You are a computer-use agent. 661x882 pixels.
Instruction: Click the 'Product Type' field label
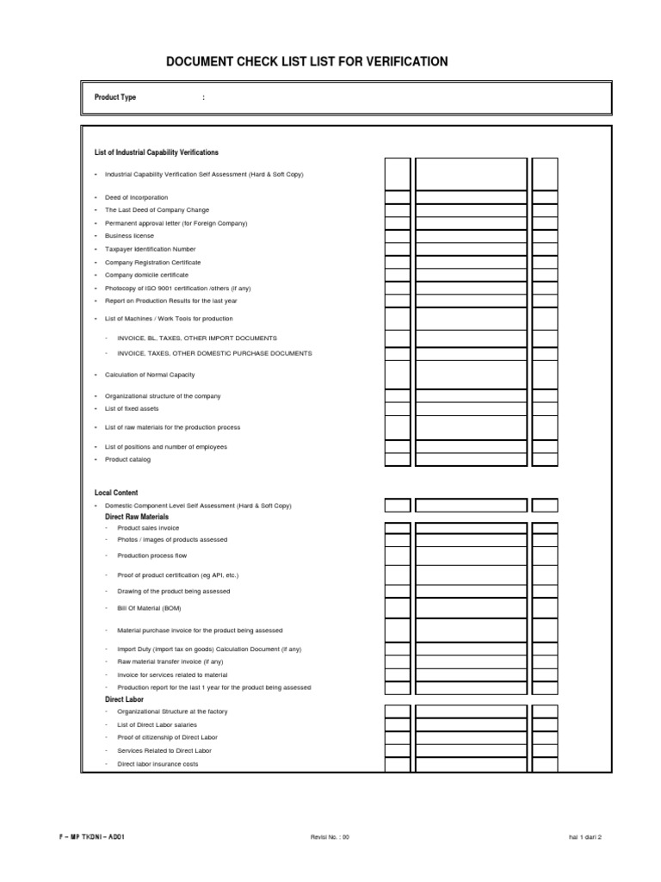(115, 97)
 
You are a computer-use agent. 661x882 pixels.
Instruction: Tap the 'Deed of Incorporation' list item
(137, 197)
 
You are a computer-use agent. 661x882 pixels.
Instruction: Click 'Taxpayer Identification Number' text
(151, 249)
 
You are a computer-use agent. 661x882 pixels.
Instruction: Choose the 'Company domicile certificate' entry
(146, 275)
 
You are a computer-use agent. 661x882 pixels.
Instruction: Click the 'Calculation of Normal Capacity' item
(150, 375)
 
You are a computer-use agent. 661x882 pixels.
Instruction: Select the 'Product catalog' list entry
(127, 460)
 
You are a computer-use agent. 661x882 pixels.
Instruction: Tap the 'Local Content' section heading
(116, 493)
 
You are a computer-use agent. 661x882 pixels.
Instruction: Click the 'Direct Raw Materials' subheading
(137, 516)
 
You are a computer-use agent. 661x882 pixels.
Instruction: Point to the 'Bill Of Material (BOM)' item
(149, 608)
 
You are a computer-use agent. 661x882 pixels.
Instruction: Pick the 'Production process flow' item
(151, 556)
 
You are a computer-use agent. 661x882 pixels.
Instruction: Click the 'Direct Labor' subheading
(124, 699)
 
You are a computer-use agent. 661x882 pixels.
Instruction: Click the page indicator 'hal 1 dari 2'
(585, 836)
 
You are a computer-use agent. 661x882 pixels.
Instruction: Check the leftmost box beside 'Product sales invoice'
(397, 528)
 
